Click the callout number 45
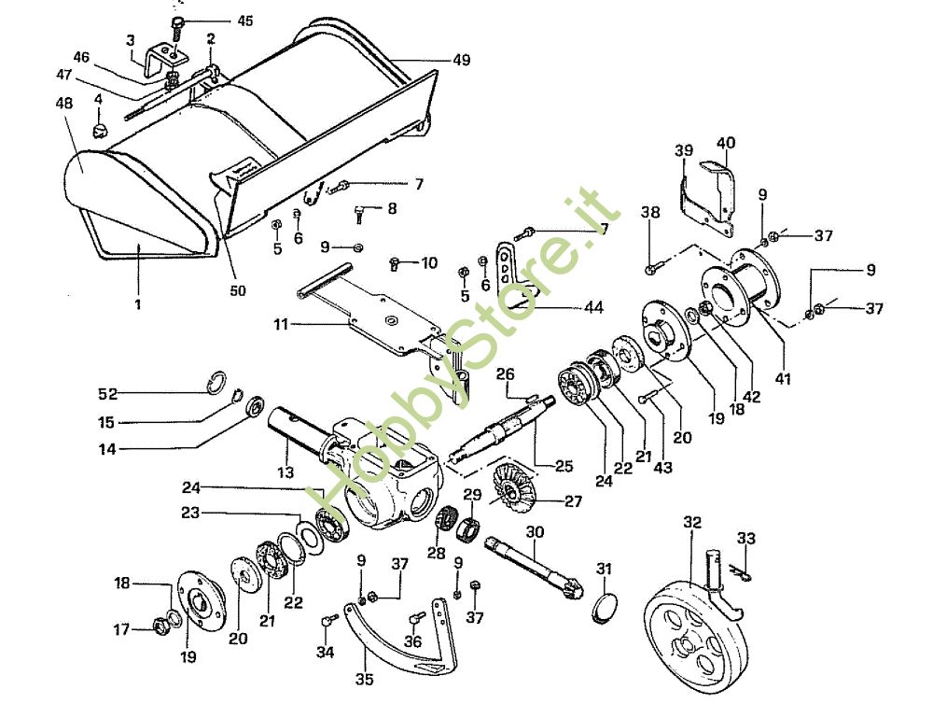[244, 21]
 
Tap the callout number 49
[462, 60]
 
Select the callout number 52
[107, 393]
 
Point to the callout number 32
[692, 523]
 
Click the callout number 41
[783, 379]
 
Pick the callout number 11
[281, 325]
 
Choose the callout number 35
[365, 679]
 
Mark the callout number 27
[573, 501]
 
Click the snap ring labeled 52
[217, 382]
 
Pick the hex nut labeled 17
[160, 626]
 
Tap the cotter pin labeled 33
[743, 573]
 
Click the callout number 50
[237, 290]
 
